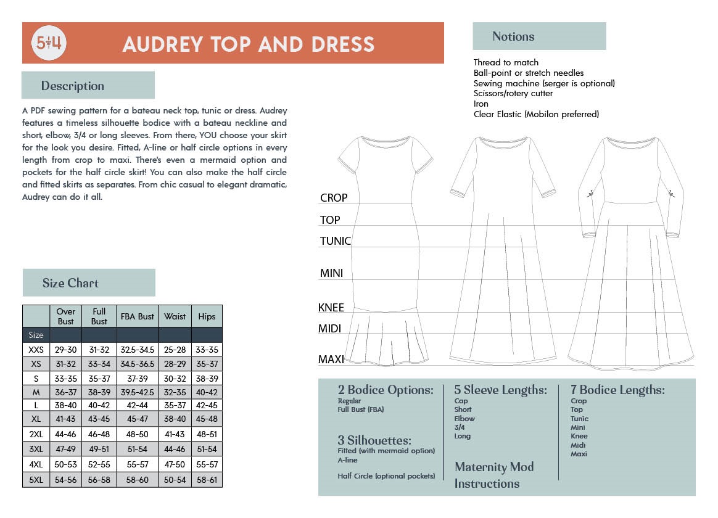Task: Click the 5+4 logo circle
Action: click(x=49, y=43)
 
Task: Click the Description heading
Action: click(x=73, y=86)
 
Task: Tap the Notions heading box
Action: click(x=513, y=36)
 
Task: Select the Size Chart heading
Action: click(x=70, y=283)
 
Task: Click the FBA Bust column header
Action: click(x=138, y=316)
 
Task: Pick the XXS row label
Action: click(x=36, y=350)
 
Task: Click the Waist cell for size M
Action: click(x=175, y=392)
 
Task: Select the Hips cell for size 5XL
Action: click(x=207, y=480)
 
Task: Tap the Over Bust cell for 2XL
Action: click(x=65, y=434)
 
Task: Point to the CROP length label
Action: click(x=334, y=198)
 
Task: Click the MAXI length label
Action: click(x=331, y=360)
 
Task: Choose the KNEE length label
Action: click(x=331, y=308)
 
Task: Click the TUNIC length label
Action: click(x=336, y=241)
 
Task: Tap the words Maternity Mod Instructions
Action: click(x=494, y=475)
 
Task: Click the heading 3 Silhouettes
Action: click(x=374, y=440)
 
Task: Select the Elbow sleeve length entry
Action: click(x=464, y=419)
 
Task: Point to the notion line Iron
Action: click(x=481, y=104)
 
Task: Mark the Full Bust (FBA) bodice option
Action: click(x=361, y=409)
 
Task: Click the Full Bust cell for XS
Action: click(x=99, y=364)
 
